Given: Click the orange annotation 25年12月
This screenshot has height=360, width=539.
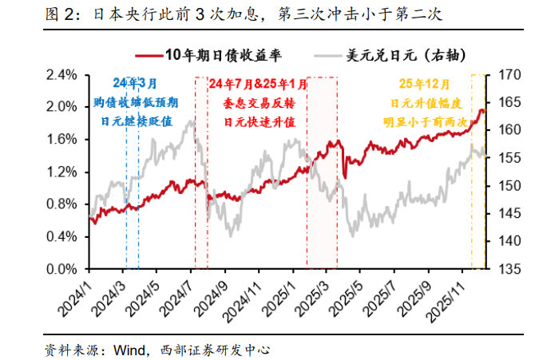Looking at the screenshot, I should tap(425, 84).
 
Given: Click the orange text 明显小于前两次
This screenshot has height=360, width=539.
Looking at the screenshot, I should tap(425, 121).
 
